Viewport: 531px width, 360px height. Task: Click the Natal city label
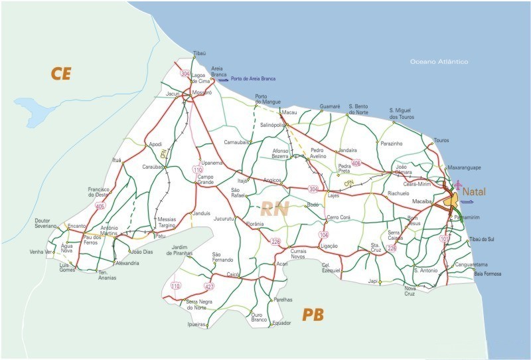[x=474, y=192]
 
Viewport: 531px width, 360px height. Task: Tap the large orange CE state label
[x=61, y=74]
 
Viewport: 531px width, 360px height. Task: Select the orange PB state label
[x=313, y=314]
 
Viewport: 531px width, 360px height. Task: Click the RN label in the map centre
[x=274, y=210]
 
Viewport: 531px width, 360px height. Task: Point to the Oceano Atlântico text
[x=439, y=62]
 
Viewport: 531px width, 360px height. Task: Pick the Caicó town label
[x=232, y=274]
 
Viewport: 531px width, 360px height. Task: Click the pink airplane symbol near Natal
[x=458, y=183]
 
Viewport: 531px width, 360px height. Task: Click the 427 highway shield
[x=210, y=287]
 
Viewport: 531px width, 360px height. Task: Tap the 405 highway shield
[x=100, y=206]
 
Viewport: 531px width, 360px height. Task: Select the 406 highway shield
[x=356, y=163]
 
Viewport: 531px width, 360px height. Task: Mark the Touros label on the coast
[x=441, y=140]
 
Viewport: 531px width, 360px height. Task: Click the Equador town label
[x=281, y=323]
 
